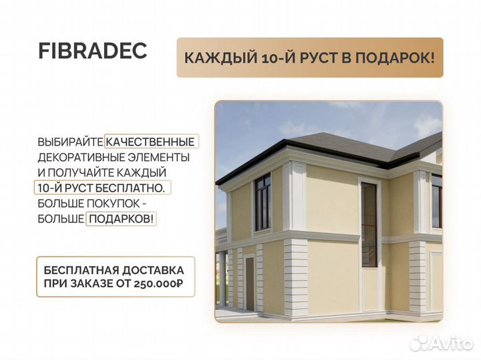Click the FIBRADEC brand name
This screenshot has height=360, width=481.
(x=93, y=53)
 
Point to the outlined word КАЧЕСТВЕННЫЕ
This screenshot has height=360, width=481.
(x=150, y=142)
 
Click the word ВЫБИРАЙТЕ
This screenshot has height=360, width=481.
(x=71, y=142)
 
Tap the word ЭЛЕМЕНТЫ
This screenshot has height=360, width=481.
(x=159, y=157)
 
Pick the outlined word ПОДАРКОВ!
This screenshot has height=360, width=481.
(x=121, y=218)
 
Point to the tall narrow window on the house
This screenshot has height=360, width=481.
(x=369, y=224)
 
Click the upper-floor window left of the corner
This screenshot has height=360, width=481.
(x=263, y=201)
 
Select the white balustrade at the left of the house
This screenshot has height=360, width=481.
(x=221, y=235)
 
